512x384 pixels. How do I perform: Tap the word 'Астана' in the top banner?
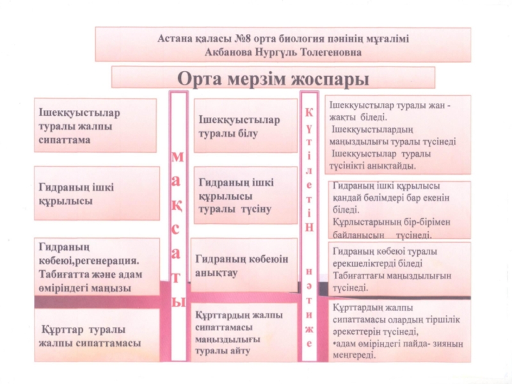pyautogui.click(x=176, y=38)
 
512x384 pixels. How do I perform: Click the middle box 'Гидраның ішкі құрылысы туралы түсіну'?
pyautogui.click(x=237, y=196)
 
